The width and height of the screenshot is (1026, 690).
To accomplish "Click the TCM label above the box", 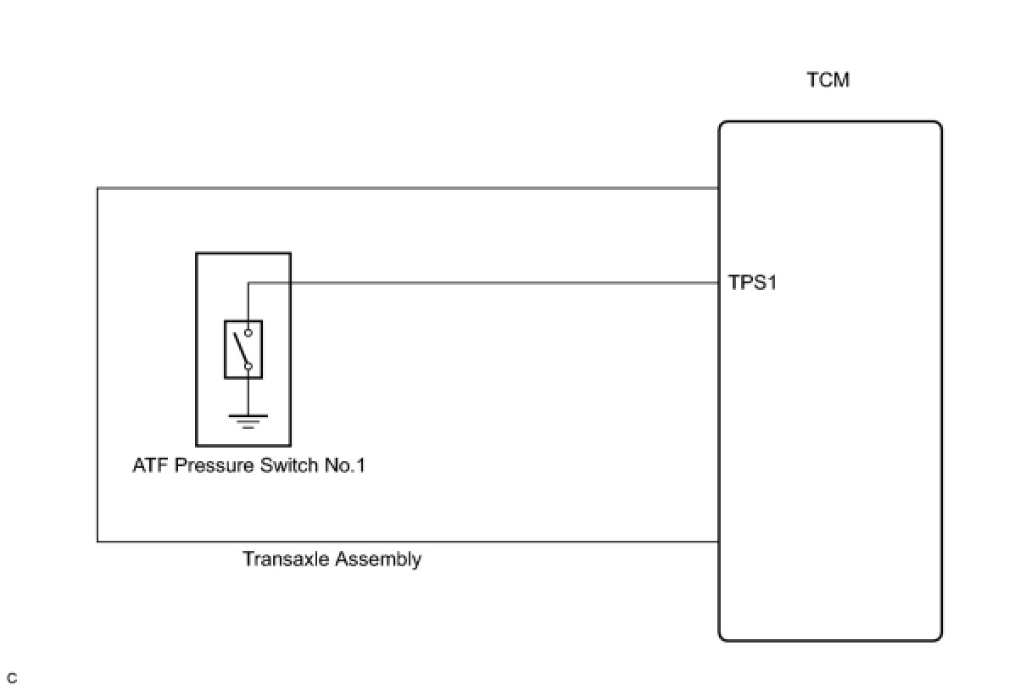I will (828, 81).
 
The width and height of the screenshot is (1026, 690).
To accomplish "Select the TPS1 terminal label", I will (753, 283).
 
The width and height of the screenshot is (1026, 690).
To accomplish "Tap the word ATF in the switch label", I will (150, 465).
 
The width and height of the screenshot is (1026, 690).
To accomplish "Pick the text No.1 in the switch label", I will (343, 465).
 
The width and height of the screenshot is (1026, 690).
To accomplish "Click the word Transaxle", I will (286, 559).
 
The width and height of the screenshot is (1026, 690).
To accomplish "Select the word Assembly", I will (378, 559).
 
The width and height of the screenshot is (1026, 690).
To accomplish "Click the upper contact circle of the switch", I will (248, 333).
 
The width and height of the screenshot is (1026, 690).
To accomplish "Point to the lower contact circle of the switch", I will (248, 366).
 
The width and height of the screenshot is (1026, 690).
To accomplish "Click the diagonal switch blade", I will (242, 349).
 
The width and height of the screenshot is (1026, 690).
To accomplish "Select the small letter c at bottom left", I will (12, 678).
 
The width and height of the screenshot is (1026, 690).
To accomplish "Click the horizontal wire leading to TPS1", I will (483, 283).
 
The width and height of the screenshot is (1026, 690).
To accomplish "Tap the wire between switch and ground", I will (248, 394).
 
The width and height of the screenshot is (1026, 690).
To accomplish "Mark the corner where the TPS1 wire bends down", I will (248, 283).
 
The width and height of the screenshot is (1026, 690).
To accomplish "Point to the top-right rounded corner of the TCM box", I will (938, 125).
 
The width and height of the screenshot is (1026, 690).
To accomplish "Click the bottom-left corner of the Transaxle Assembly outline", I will (98, 541).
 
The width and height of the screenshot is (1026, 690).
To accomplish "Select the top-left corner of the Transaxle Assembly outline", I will (98, 188).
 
